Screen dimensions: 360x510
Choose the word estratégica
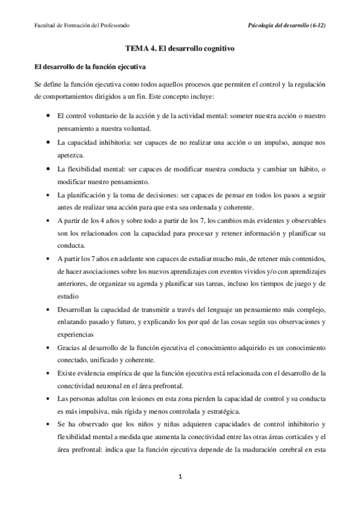(222, 412)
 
